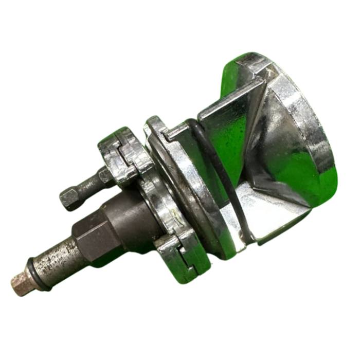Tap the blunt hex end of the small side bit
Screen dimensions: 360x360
tap(69, 197)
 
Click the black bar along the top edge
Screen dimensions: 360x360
tap(180, 14)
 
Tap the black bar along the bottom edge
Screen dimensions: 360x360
tap(180, 345)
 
